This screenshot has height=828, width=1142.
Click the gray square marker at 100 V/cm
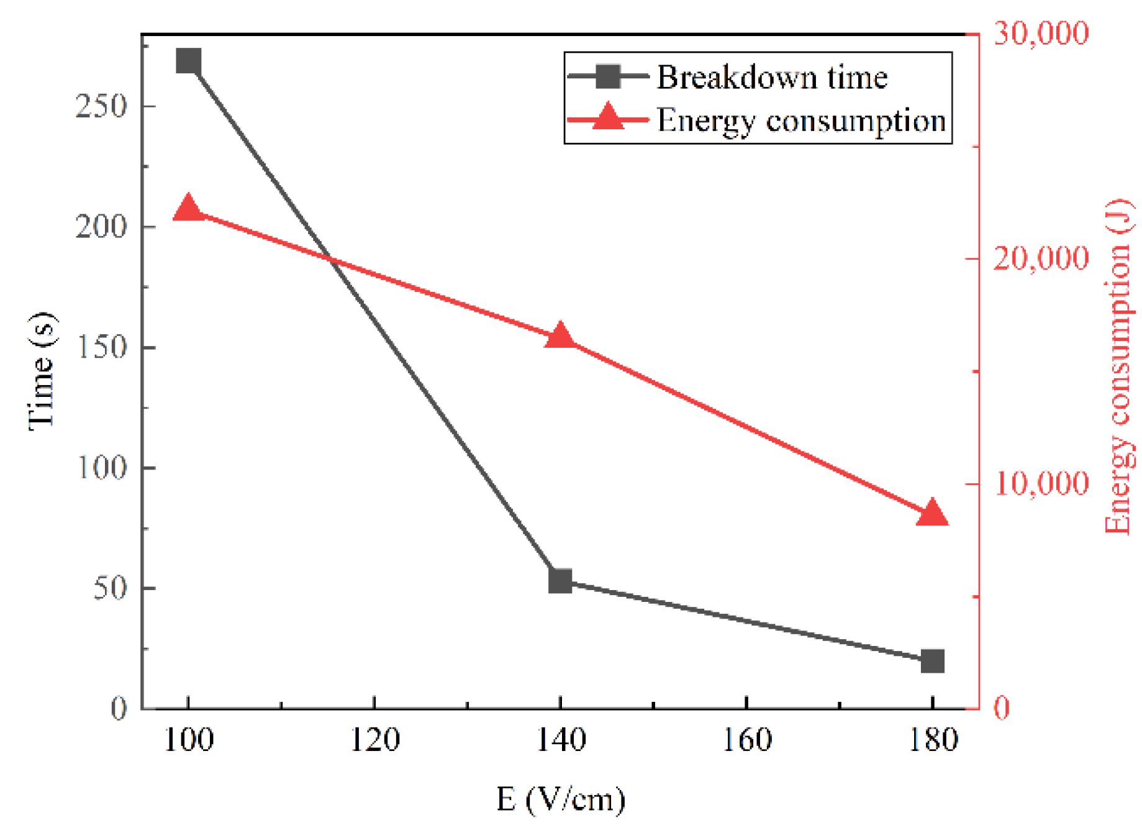pos(188,61)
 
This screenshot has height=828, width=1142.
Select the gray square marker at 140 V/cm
pos(560,581)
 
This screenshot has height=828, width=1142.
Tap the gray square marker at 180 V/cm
pos(932,661)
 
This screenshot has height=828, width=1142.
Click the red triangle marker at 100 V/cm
pos(188,209)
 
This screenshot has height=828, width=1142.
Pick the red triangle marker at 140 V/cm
pos(560,336)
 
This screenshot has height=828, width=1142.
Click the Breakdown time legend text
pos(772,78)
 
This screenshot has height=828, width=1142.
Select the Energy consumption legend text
pos(801,121)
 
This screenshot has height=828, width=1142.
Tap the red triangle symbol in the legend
pos(608,117)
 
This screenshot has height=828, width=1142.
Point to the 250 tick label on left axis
pos(101,106)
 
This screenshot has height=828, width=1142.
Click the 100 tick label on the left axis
pos(101,468)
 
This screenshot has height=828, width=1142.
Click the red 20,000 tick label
pos(1041,258)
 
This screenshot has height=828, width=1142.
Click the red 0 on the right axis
pos(1002,707)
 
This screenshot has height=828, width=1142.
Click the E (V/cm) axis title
pos(560,799)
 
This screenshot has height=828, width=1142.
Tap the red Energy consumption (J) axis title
pos(1120,366)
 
